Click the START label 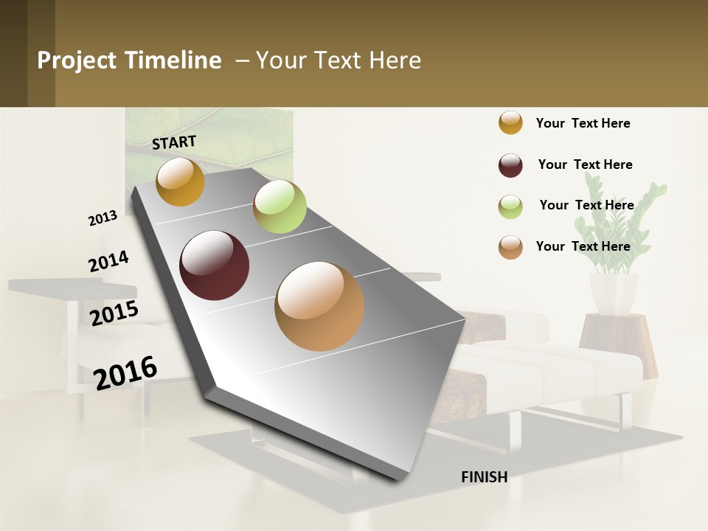pyautogui.click(x=174, y=142)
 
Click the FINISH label pyautogui.click(x=484, y=477)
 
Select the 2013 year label pyautogui.click(x=103, y=218)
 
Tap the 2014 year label pyautogui.click(x=108, y=262)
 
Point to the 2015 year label pyautogui.click(x=114, y=313)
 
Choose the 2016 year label pyautogui.click(x=125, y=372)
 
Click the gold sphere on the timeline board pyautogui.click(x=180, y=181)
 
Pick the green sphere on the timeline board pyautogui.click(x=280, y=206)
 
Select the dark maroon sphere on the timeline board pyautogui.click(x=215, y=265)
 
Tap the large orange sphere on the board pyautogui.click(x=319, y=306)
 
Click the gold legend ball pyautogui.click(x=510, y=122)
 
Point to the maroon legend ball pyautogui.click(x=510, y=165)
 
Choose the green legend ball pyautogui.click(x=510, y=206)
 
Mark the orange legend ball pyautogui.click(x=510, y=247)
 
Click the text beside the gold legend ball pyautogui.click(x=583, y=123)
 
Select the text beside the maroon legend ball pyautogui.click(x=585, y=164)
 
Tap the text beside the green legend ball pyautogui.click(x=586, y=205)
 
